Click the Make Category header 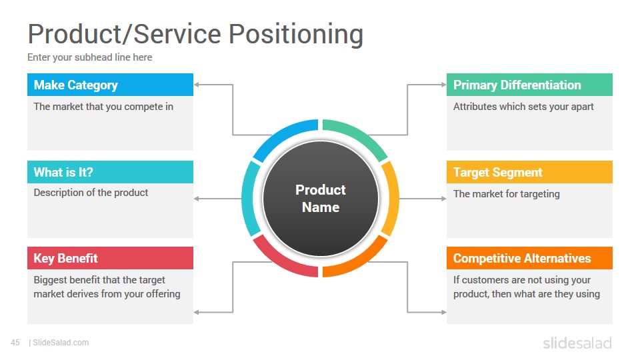pyautogui.click(x=110, y=85)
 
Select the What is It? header pyautogui.click(x=110, y=172)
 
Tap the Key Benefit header pyautogui.click(x=110, y=258)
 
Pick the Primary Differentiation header pyautogui.click(x=529, y=85)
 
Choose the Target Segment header pyautogui.click(x=529, y=172)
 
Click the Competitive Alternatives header pyautogui.click(x=529, y=258)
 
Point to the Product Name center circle pyautogui.click(x=321, y=199)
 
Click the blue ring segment pyautogui.click(x=281, y=134)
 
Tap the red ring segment pyautogui.click(x=281, y=263)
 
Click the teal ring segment pyautogui.click(x=247, y=199)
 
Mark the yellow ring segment pyautogui.click(x=393, y=199)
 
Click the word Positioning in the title pyautogui.click(x=295, y=34)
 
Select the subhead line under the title pyautogui.click(x=90, y=57)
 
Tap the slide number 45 pyautogui.click(x=15, y=343)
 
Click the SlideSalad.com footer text pyautogui.click(x=61, y=343)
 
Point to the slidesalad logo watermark pyautogui.click(x=577, y=343)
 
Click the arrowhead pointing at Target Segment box pyautogui.click(x=444, y=199)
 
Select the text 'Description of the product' pyautogui.click(x=91, y=193)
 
